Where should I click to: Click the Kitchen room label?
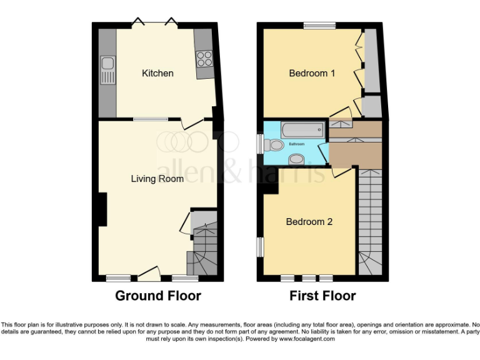(157, 73)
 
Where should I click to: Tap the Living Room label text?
(157, 179)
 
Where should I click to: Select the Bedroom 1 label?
(312, 73)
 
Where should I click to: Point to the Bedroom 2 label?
(309, 222)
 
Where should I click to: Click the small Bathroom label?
(296, 144)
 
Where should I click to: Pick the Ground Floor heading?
(157, 296)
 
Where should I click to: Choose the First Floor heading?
(322, 296)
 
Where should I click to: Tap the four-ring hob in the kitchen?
(204, 58)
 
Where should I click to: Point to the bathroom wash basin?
(296, 159)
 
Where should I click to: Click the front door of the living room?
(149, 272)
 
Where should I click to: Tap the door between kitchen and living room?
(192, 122)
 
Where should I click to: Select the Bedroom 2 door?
(342, 172)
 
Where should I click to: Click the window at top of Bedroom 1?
(320, 26)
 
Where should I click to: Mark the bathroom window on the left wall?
(260, 144)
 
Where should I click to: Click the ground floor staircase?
(204, 245)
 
